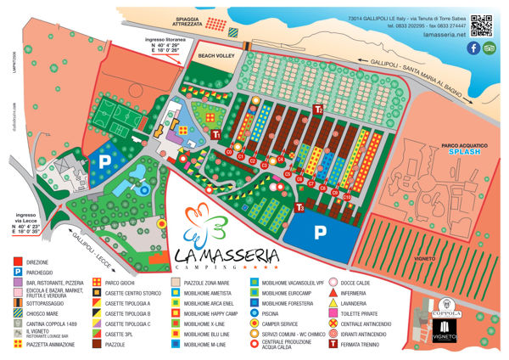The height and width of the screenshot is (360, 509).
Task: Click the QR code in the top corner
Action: click(x=479, y=22)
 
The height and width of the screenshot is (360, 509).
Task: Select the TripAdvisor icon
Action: click(x=489, y=48)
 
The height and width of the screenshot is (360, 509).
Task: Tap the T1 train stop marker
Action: click(x=218, y=134)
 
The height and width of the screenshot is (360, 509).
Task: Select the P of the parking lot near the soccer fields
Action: click(x=105, y=160)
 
